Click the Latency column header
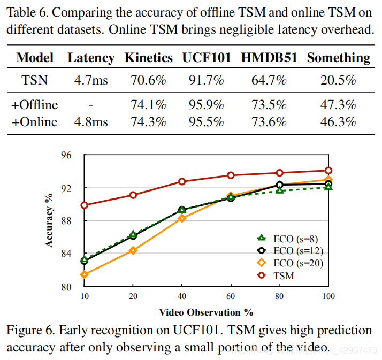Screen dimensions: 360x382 click(91, 58)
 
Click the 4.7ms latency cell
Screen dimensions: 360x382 click(91, 81)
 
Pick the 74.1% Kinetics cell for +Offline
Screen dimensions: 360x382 click(148, 104)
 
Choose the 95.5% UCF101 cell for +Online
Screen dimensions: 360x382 click(206, 122)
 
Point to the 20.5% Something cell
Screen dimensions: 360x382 click(338, 81)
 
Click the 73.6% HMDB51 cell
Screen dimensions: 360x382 click(269, 122)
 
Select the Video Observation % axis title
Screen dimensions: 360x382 click(205, 312)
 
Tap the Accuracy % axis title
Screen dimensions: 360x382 click(50, 220)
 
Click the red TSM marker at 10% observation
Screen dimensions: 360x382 click(84, 205)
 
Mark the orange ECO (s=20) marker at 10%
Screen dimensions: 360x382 click(84, 274)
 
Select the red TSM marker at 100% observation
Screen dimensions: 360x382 click(328, 171)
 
